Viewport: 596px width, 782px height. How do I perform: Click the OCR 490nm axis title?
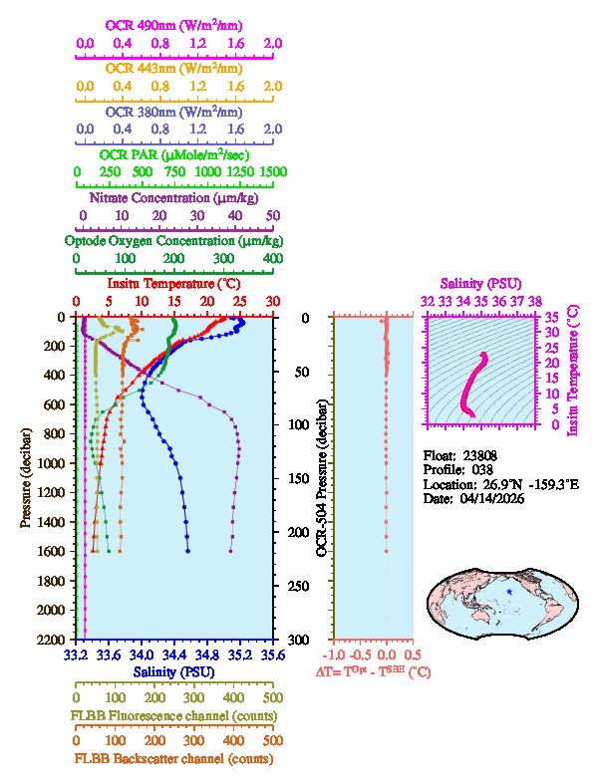tap(175, 24)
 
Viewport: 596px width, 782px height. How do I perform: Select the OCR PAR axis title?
tap(175, 154)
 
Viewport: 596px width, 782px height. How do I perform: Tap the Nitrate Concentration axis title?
tap(175, 197)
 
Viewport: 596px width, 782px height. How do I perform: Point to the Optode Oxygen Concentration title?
tap(175, 241)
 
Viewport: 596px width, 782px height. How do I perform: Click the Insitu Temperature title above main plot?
tap(175, 285)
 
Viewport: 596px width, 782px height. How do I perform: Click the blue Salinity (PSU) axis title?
tap(175, 672)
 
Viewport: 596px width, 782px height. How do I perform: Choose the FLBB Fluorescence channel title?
tap(175, 715)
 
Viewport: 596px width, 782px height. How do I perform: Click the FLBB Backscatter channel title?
tap(175, 759)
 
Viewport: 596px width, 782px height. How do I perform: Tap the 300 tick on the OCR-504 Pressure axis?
tap(310, 639)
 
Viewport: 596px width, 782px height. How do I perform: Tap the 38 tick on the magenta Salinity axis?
tap(536, 301)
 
